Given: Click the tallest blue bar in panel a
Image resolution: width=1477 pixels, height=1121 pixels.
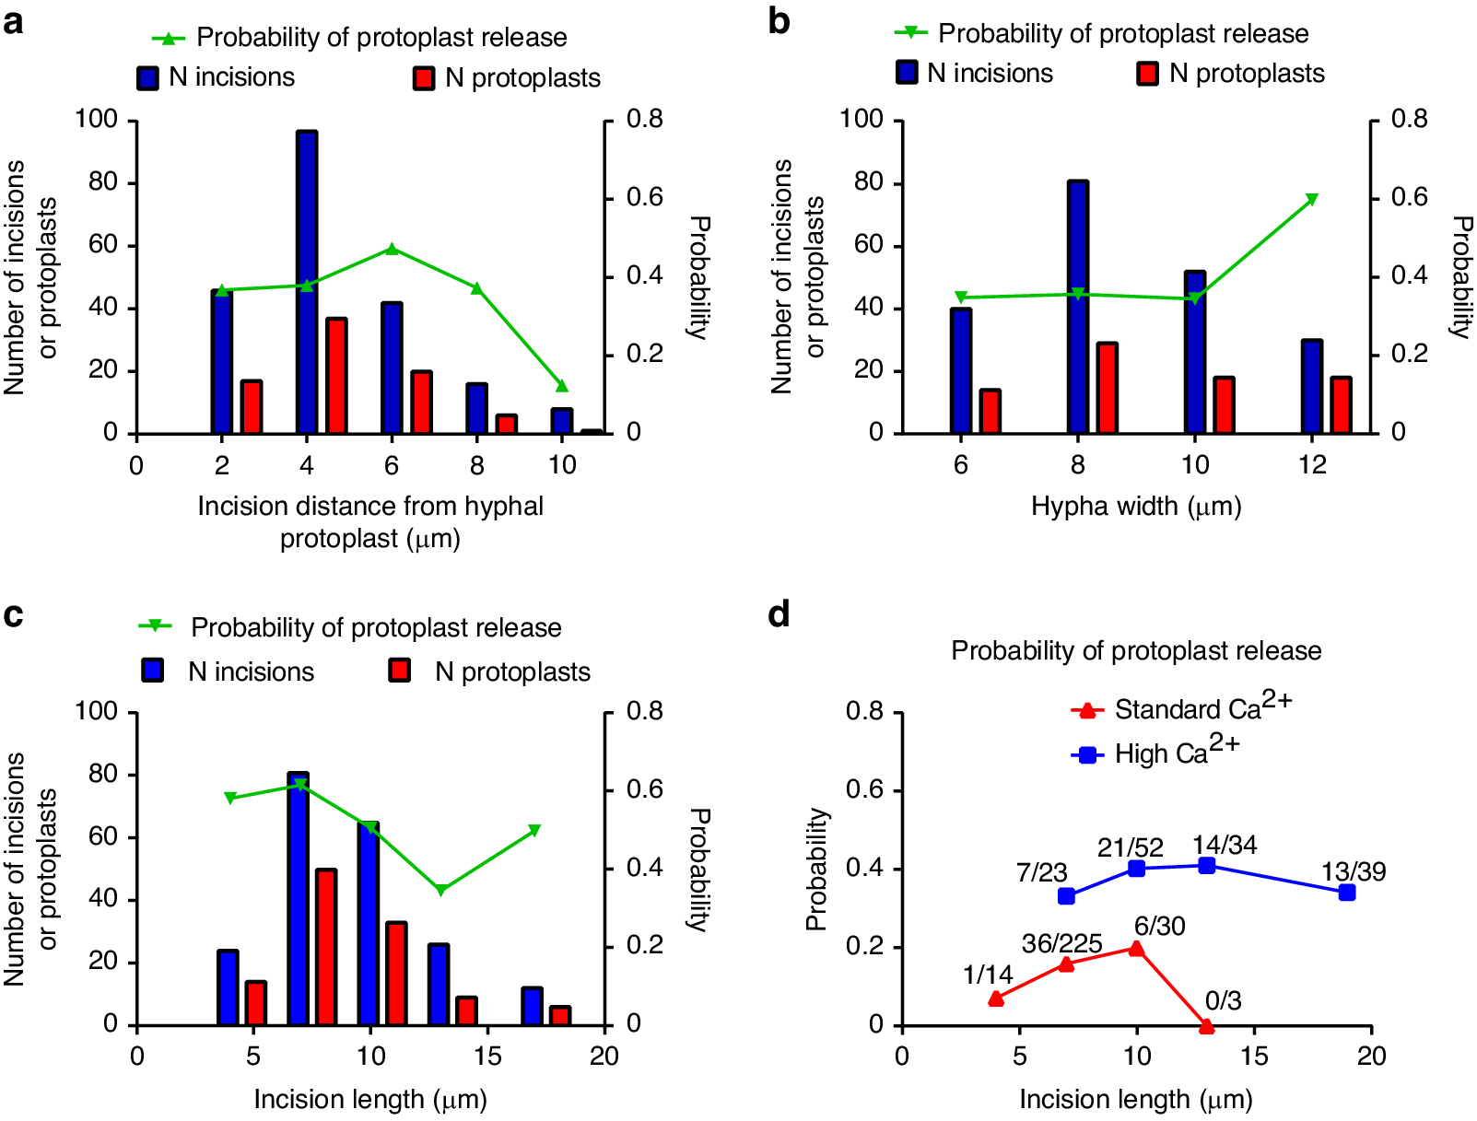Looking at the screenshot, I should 307,282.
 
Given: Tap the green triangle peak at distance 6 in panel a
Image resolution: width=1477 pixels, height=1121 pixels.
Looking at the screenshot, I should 392,249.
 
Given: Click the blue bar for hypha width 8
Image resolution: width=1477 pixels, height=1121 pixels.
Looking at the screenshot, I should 1078,307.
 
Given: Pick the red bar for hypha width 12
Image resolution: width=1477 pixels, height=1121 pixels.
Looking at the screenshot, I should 1341,405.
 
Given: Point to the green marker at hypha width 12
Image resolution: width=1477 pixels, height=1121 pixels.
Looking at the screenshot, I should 1312,199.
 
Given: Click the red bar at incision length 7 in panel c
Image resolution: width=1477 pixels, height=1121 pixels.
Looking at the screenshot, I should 326,947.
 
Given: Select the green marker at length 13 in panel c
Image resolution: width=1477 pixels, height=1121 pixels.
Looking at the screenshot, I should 441,890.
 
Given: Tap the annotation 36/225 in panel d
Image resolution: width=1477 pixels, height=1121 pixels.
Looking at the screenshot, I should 1061,943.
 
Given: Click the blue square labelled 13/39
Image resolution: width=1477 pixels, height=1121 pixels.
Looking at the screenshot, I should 1347,893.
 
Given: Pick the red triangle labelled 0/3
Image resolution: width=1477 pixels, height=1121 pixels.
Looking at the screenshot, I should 1207,1025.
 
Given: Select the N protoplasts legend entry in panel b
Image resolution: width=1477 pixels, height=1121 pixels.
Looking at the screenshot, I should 1231,74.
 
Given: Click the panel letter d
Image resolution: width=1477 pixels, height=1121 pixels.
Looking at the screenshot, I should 779,614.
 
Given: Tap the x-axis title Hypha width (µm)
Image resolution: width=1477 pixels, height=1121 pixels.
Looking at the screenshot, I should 1136,506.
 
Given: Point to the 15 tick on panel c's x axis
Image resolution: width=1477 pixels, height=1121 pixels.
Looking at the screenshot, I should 487,1056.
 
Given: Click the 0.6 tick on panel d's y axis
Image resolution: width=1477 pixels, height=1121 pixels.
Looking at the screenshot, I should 863,790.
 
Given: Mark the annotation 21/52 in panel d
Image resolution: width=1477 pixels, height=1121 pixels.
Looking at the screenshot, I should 1130,847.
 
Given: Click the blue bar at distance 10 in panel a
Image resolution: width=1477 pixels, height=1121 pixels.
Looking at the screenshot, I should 562,421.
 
